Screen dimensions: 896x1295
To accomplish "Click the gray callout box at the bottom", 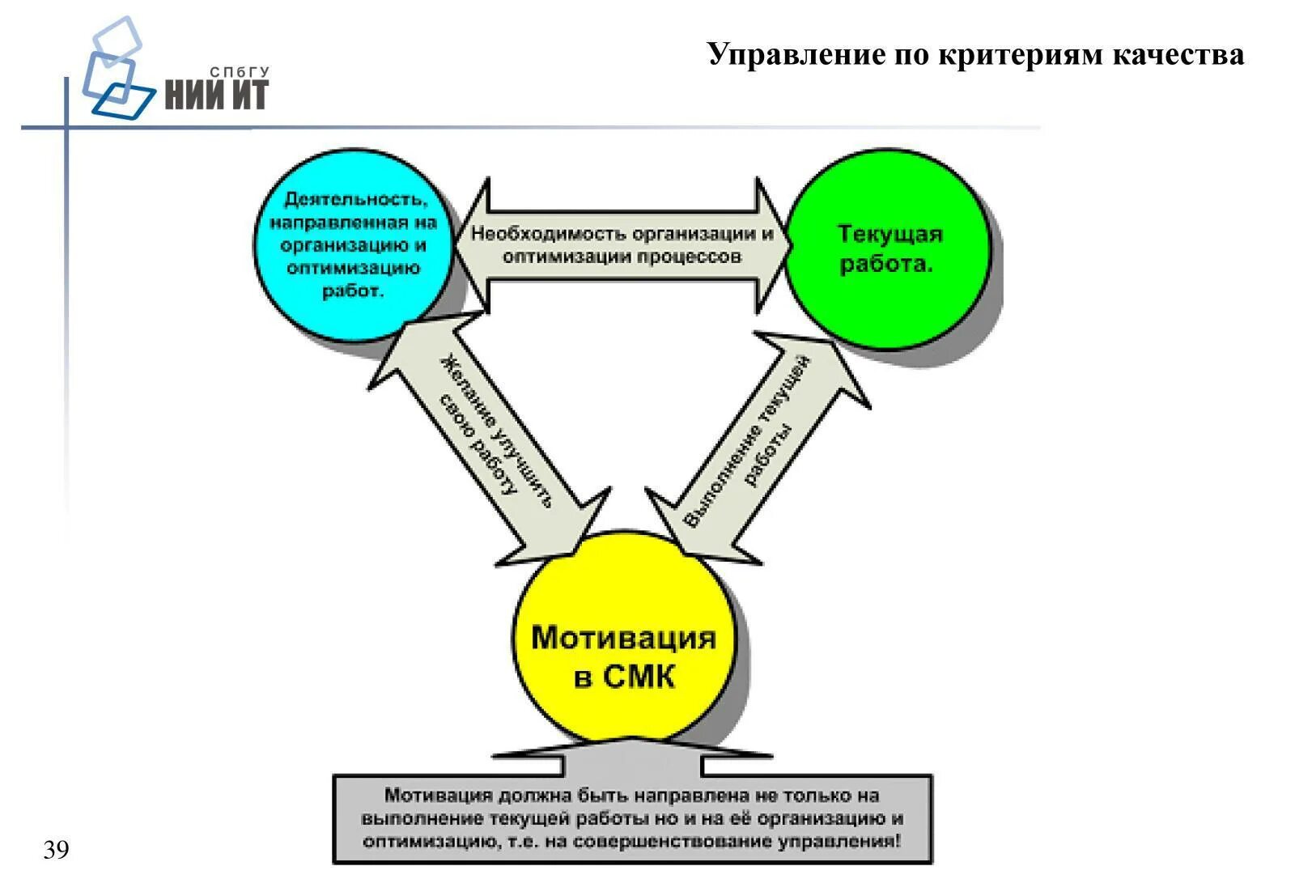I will (x=632, y=818).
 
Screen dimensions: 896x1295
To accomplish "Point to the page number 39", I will (x=57, y=850).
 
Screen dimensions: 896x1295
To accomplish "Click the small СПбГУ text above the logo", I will (x=239, y=73).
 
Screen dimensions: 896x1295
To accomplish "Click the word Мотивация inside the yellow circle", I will (x=624, y=638).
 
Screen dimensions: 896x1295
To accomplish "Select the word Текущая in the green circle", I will (x=890, y=234).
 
